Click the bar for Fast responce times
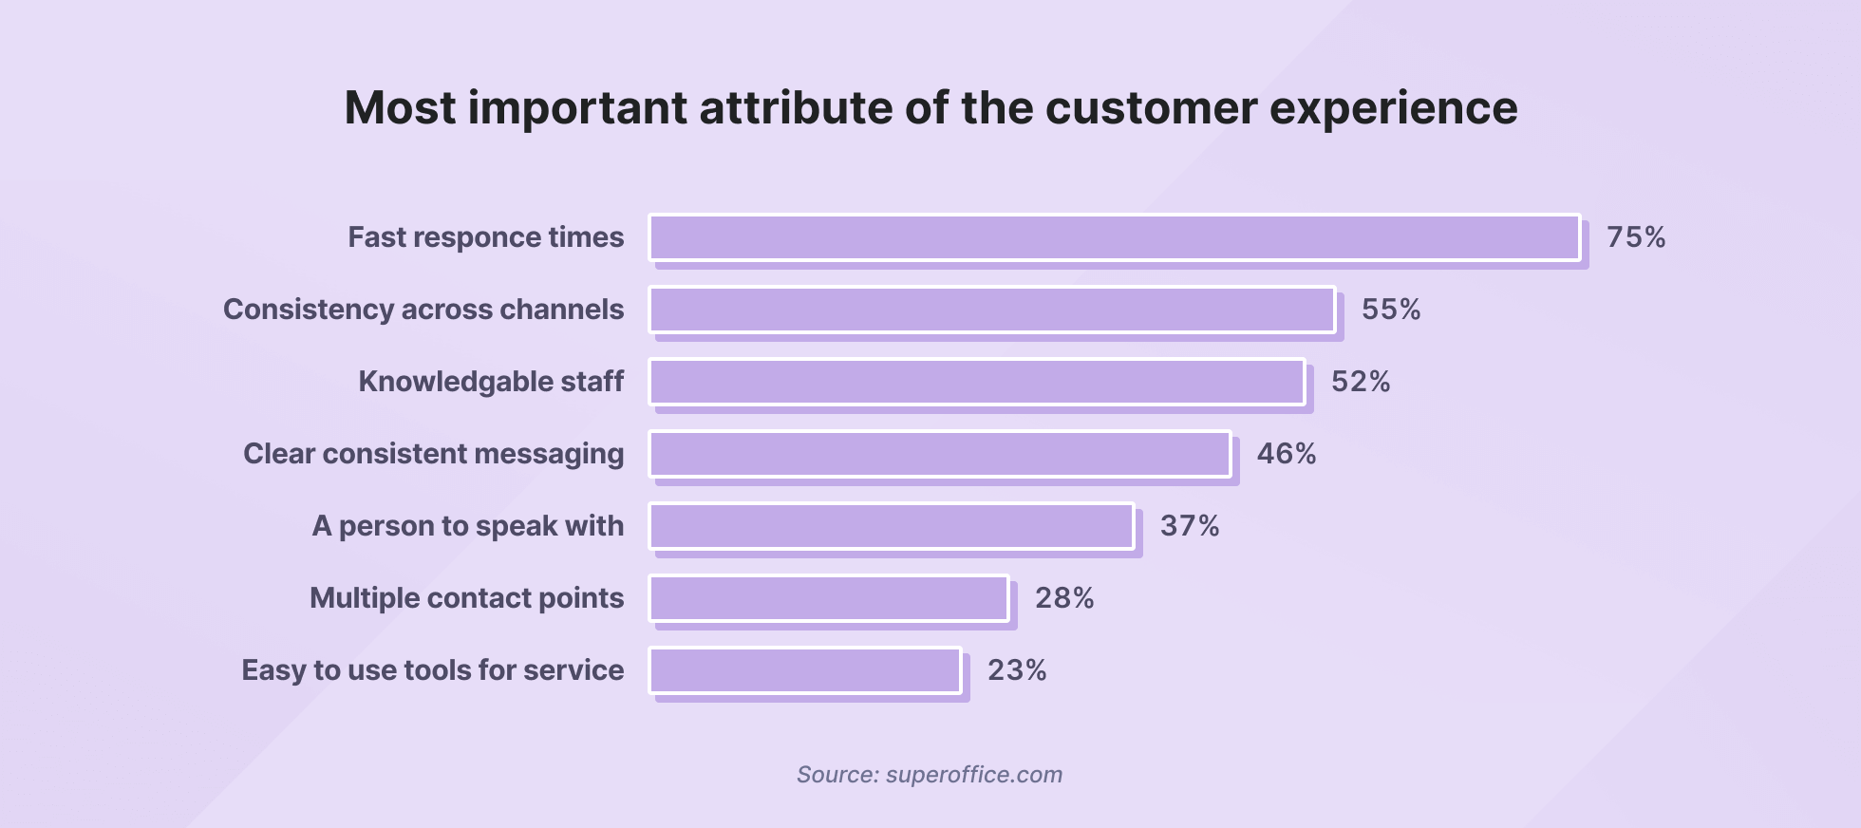point(1115,237)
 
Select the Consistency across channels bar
point(992,310)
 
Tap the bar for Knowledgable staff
point(977,382)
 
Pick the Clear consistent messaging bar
point(940,454)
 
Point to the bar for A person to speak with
point(892,526)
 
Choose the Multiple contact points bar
point(829,598)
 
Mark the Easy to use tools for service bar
point(805,670)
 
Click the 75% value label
point(1636,237)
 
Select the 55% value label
point(1391,310)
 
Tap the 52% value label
point(1361,382)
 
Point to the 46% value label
point(1287,454)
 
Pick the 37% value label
point(1190,526)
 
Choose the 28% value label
point(1064,598)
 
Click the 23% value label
point(1017,670)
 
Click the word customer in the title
point(1151,107)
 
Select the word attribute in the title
point(795,107)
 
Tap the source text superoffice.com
point(973,775)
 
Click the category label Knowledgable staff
point(491,382)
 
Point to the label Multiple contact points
point(466,598)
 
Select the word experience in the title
point(1393,107)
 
